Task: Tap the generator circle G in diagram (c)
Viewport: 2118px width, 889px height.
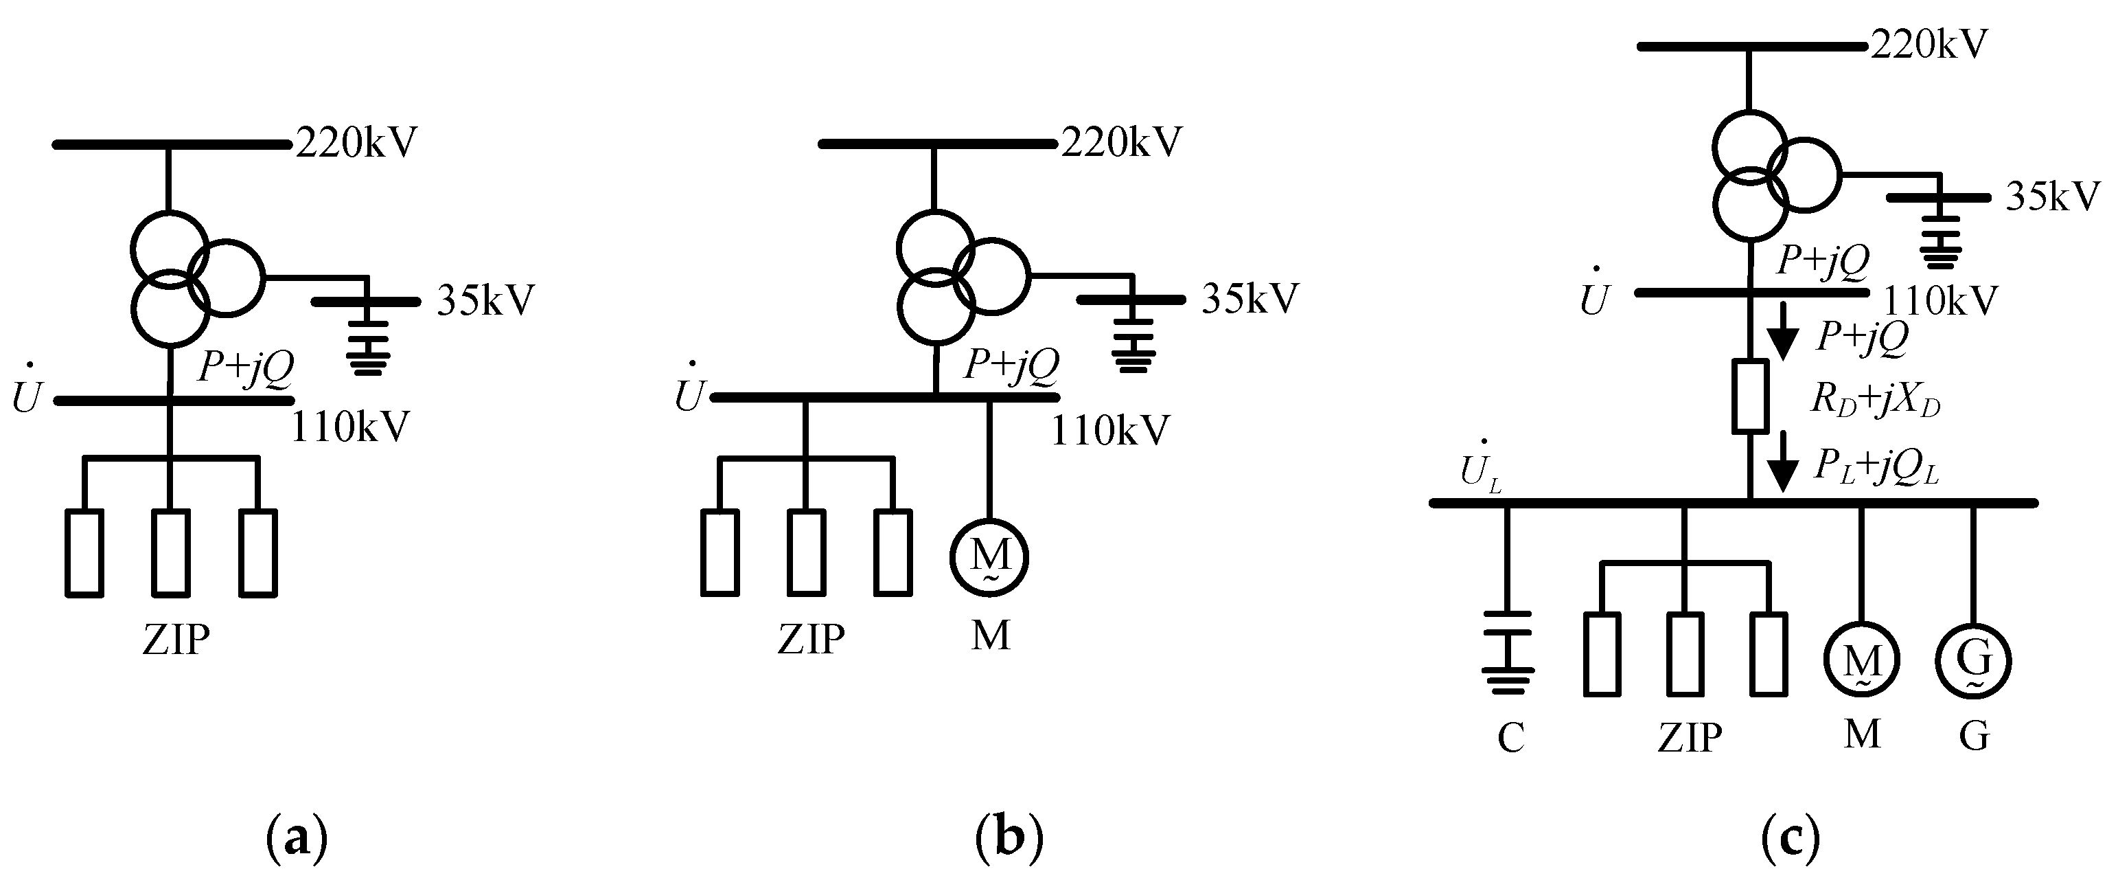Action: (1972, 660)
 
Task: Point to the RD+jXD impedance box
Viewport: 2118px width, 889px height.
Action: (1749, 396)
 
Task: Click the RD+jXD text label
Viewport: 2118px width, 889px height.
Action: (1875, 401)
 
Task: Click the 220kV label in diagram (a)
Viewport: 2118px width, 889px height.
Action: (356, 142)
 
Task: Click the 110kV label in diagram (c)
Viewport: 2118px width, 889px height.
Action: (1939, 302)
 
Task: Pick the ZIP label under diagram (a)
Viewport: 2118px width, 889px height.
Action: (175, 639)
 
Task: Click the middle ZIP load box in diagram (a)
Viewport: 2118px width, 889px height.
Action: (171, 552)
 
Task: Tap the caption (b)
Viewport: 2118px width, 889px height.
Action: (1009, 838)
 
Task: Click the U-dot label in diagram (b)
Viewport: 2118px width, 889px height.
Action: (689, 394)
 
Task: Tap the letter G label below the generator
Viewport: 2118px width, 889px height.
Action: (1974, 735)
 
